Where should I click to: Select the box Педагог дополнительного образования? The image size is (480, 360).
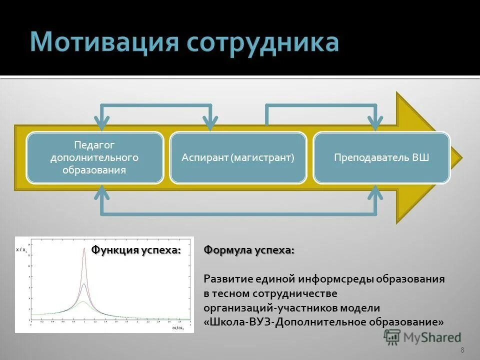click(x=94, y=157)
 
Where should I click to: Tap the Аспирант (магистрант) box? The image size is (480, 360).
click(x=237, y=157)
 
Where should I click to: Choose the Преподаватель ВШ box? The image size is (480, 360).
click(x=381, y=157)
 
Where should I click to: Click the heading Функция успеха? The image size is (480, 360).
click(x=135, y=250)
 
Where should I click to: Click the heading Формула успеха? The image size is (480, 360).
click(x=249, y=250)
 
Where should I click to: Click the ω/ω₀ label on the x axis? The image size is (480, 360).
click(x=178, y=327)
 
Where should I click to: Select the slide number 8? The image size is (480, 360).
click(x=462, y=350)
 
